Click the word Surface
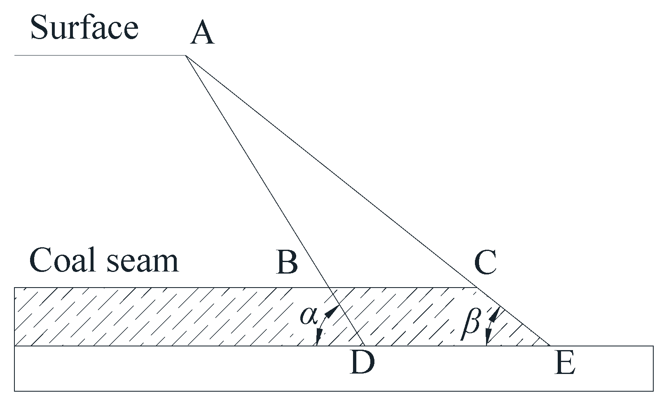point(84,28)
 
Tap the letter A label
point(202,34)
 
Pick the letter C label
point(485,262)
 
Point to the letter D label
point(362,363)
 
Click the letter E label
point(564,364)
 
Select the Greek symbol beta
point(470,323)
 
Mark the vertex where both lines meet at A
point(186,55)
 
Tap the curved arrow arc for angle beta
point(489,325)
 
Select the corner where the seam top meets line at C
point(476,287)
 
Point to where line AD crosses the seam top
point(328,287)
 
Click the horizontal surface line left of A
point(99,55)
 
